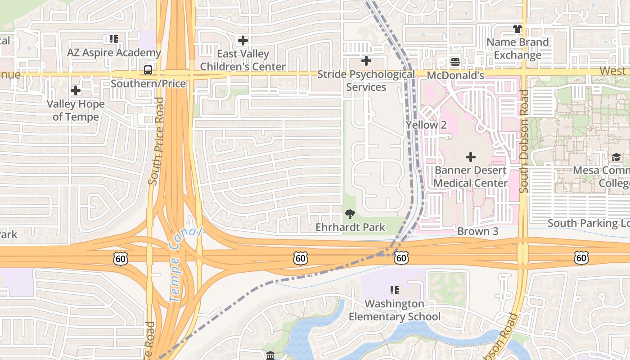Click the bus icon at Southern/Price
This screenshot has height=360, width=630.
tap(148, 70)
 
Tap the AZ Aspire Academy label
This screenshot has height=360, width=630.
tap(114, 53)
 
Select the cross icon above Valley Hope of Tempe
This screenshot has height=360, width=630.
tap(76, 90)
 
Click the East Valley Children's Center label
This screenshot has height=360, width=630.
tap(243, 60)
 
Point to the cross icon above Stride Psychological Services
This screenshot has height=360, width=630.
tap(366, 60)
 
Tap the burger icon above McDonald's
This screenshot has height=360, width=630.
tap(455, 62)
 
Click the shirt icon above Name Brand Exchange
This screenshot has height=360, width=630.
tap(517, 29)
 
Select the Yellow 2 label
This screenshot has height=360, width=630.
tap(426, 125)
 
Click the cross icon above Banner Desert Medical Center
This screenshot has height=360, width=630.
tap(470, 157)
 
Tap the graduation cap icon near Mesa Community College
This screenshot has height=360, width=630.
tap(616, 157)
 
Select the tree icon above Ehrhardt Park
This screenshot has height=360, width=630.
tap(350, 214)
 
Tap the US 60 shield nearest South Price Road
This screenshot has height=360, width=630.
tap(121, 258)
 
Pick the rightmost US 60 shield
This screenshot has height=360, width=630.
tap(581, 258)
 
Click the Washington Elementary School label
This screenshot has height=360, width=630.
tap(395, 310)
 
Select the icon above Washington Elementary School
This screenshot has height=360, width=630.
tap(395, 290)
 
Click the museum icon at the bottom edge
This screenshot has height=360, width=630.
tap(270, 356)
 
